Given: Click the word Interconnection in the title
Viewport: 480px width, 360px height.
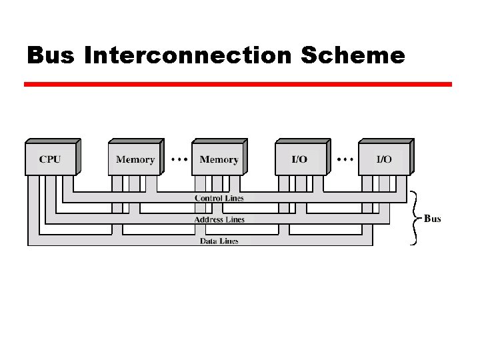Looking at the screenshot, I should [x=189, y=55].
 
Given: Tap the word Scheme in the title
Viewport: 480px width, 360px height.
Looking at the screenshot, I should [x=353, y=55].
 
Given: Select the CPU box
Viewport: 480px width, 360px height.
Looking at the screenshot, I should [x=51, y=159].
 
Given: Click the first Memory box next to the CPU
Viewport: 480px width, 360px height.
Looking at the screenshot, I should [x=135, y=159].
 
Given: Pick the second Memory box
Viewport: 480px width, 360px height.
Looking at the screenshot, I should [x=219, y=159].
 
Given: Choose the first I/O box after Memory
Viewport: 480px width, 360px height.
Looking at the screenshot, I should [x=301, y=159].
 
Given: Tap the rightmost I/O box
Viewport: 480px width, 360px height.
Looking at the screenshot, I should [x=385, y=159].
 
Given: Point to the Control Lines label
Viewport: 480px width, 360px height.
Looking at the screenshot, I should [x=219, y=198].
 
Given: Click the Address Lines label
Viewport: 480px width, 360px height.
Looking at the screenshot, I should [x=219, y=219].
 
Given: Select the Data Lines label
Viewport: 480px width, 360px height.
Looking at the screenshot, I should [x=219, y=241].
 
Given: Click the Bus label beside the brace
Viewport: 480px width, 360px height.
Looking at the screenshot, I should [x=432, y=219].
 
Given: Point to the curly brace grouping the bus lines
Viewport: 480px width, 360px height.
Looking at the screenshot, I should [x=415, y=217].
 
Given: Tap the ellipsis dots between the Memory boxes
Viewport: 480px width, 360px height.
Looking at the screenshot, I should [x=178, y=159].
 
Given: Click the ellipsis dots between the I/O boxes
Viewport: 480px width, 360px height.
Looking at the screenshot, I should [x=345, y=159].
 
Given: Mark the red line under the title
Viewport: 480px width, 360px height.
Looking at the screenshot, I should [x=238, y=85].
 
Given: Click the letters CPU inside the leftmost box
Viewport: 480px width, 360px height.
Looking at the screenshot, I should [x=50, y=159].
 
